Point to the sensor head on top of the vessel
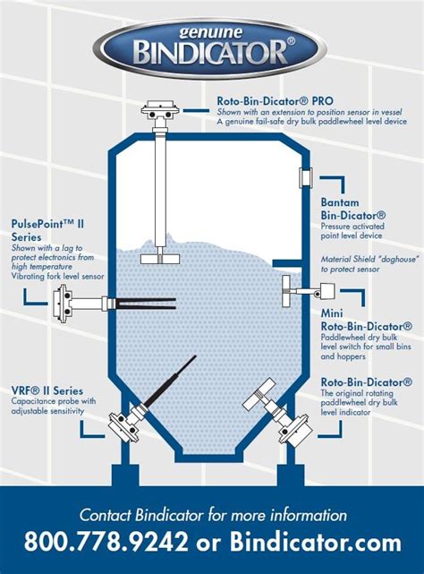(x=158, y=115)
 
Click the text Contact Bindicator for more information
(x=212, y=515)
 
